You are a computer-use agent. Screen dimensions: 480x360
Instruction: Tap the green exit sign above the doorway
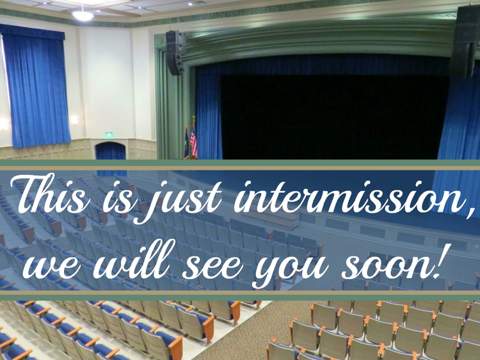tap(109, 135)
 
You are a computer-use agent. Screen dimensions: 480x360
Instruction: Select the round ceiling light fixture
tap(83, 15)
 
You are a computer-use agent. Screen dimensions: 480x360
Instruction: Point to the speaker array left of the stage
tap(175, 53)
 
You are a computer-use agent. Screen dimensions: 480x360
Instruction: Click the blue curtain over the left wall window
tap(35, 86)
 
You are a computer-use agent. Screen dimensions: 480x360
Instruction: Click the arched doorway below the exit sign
tap(111, 151)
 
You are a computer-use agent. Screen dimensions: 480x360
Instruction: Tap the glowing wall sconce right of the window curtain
tap(74, 120)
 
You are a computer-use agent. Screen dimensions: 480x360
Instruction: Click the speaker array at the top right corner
tap(465, 42)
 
